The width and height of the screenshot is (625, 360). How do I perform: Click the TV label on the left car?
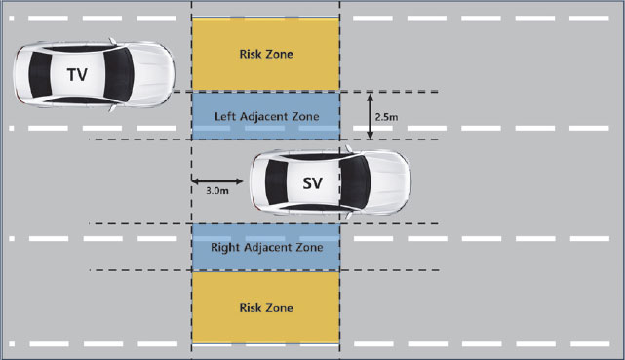(x=76, y=74)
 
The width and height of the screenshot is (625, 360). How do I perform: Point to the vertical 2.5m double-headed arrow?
(x=370, y=116)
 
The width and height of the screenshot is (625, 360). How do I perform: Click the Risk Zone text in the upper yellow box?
(x=266, y=54)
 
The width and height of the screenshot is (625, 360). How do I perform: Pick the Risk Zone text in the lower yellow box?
(x=266, y=307)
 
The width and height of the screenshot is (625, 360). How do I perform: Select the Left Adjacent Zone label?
(x=266, y=116)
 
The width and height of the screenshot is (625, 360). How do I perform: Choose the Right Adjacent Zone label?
(x=266, y=248)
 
